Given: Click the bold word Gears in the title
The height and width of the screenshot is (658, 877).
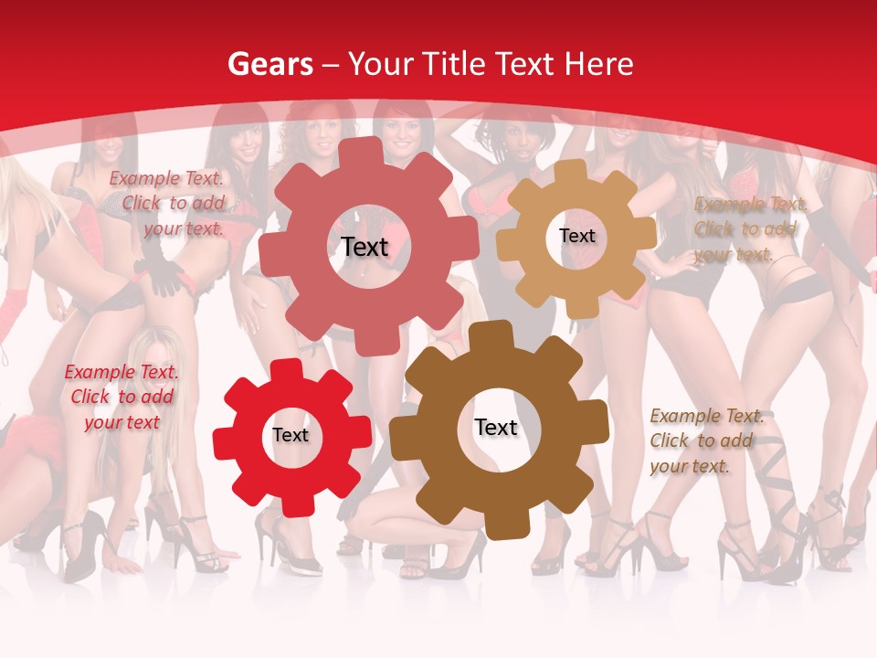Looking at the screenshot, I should pyautogui.click(x=269, y=64).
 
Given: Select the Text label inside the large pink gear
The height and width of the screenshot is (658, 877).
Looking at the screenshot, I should pyautogui.click(x=365, y=247).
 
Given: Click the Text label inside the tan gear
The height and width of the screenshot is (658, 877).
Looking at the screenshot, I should pyautogui.click(x=576, y=236).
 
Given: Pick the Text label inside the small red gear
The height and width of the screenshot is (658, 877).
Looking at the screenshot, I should pyautogui.click(x=291, y=436).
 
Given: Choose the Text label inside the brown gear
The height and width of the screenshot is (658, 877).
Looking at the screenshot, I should pyautogui.click(x=496, y=428).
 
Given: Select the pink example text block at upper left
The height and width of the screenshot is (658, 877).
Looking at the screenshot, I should pyautogui.click(x=167, y=203).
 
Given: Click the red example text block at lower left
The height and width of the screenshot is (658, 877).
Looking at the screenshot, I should pyautogui.click(x=121, y=397).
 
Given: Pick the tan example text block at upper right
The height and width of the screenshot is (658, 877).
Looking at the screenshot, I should pyautogui.click(x=749, y=229).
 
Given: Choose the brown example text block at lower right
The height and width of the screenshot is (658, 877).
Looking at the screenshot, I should pyautogui.click(x=706, y=440).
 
